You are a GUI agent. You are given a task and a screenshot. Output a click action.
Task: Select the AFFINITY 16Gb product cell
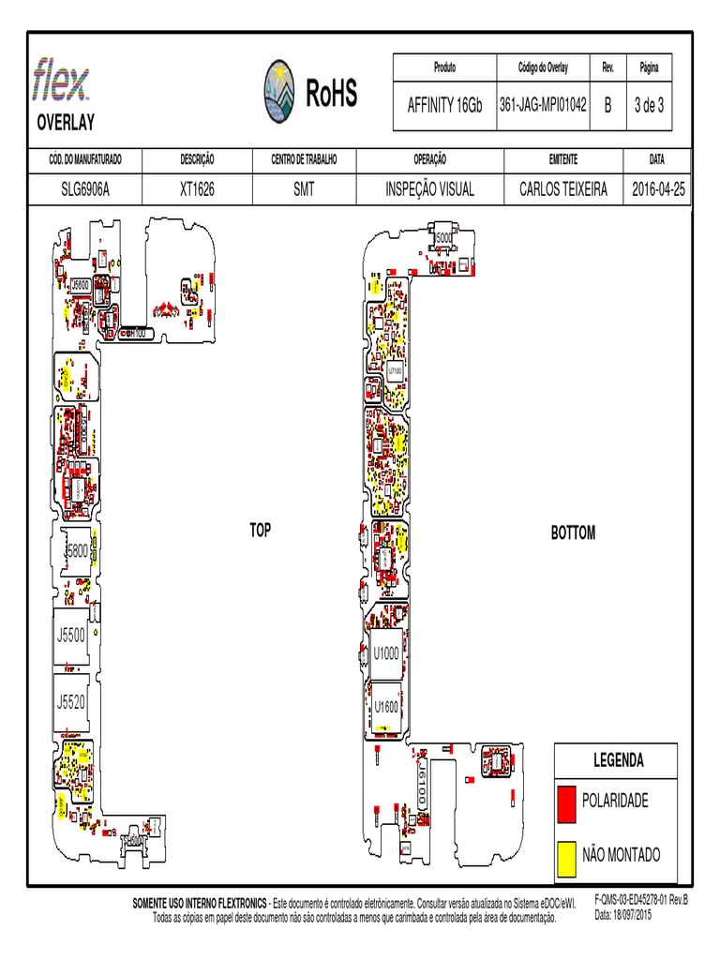click(x=444, y=105)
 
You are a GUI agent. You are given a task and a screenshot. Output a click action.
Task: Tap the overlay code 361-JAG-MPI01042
click(x=543, y=105)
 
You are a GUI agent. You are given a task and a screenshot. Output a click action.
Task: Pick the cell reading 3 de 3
click(x=649, y=105)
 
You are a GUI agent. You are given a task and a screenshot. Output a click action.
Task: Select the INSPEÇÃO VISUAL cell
click(x=429, y=189)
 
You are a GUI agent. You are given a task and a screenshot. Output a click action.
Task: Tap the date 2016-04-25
click(x=659, y=189)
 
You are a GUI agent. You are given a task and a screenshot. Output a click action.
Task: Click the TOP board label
click(x=260, y=531)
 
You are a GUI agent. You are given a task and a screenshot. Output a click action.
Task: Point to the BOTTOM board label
click(x=573, y=533)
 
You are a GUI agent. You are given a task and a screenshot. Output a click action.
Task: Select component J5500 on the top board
click(x=71, y=635)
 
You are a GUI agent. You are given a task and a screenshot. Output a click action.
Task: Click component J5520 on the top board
click(x=71, y=700)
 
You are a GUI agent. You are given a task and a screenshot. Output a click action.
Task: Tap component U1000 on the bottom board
click(x=386, y=652)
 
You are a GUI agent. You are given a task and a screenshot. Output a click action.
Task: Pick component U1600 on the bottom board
click(x=386, y=706)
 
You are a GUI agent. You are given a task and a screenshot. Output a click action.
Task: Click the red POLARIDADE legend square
click(x=566, y=802)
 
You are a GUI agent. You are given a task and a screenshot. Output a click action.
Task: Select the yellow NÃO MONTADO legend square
click(x=566, y=855)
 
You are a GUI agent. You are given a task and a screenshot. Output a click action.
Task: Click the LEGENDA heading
click(x=619, y=759)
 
